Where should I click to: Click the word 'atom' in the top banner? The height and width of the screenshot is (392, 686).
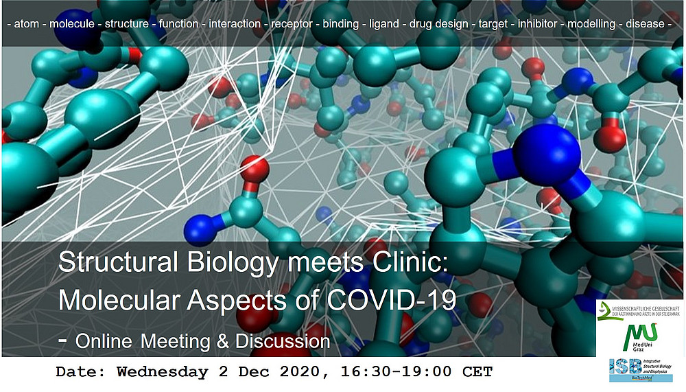25,24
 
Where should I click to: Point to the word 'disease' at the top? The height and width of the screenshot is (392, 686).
645,24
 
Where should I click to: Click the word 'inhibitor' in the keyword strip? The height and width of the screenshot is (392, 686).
538,24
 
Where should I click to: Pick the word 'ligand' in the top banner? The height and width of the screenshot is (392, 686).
384,24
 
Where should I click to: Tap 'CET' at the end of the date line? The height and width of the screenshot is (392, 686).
477,372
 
